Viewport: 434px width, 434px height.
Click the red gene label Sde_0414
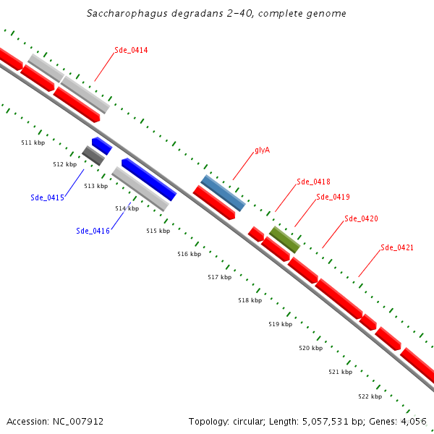pyautogui.click(x=131, y=50)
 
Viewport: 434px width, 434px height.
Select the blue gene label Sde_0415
pyautogui.click(x=48, y=197)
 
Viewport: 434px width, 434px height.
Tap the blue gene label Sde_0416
pyautogui.click(x=93, y=231)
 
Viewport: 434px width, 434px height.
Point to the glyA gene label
pyautogui.click(x=263, y=150)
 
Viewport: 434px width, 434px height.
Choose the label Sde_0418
pyautogui.click(x=313, y=182)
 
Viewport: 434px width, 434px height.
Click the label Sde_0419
pyautogui.click(x=333, y=197)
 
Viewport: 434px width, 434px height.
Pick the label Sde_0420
pyautogui.click(x=361, y=218)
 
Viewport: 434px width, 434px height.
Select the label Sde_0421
pyautogui.click(x=397, y=247)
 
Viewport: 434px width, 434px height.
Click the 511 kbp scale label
pyautogui.click(x=33, y=143)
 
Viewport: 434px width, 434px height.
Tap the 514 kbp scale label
pyautogui.click(x=127, y=208)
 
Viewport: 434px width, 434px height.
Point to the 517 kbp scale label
pyautogui.click(x=219, y=277)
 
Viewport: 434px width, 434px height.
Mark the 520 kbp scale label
pyautogui.click(x=310, y=348)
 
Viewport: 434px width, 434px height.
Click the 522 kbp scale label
pyautogui.click(x=370, y=396)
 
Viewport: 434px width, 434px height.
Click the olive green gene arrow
pyautogui.click(x=285, y=239)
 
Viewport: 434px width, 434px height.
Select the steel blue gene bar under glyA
pyautogui.click(x=223, y=192)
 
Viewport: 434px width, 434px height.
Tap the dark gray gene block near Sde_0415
pyautogui.click(x=93, y=156)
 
